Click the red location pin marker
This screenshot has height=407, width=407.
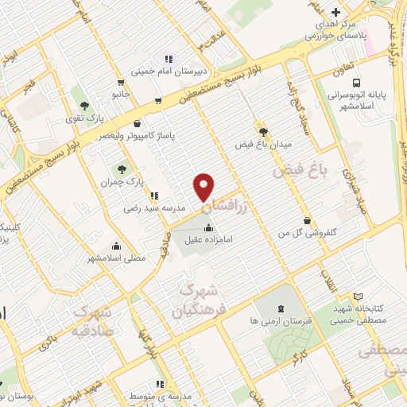click(x=204, y=186)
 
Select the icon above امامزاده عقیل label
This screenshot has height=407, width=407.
click(x=208, y=229)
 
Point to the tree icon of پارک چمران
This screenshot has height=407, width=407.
click(x=122, y=169)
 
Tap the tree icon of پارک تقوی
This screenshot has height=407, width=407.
click(x=83, y=104)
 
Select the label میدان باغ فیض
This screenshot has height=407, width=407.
click(x=264, y=145)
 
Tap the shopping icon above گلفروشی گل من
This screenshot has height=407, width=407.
click(x=308, y=221)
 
